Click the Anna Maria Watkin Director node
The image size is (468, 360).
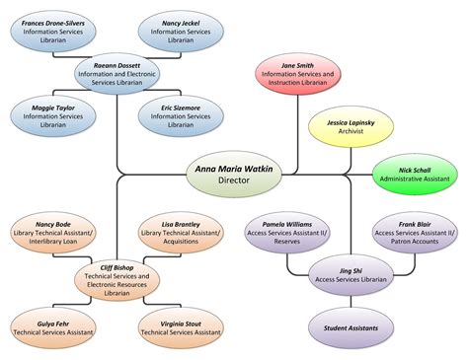(233, 175)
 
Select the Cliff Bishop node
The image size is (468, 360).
(117, 279)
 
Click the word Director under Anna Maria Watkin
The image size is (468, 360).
(233, 181)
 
